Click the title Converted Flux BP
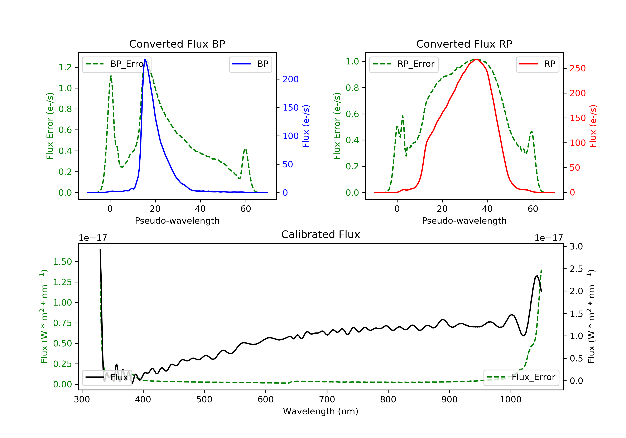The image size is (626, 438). [177, 44]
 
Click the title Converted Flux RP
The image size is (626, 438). [464, 44]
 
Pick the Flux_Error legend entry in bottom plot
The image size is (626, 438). [521, 377]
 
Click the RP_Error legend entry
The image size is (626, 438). [404, 64]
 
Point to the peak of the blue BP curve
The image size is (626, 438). [145, 59]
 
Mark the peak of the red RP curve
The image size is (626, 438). [477, 59]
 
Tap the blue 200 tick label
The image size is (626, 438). [290, 79]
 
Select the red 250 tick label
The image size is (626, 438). [577, 68]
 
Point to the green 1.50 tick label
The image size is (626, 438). [62, 262]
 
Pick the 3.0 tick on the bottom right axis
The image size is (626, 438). [576, 247]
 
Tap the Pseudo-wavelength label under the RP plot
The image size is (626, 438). [464, 220]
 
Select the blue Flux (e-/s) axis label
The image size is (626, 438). [306, 126]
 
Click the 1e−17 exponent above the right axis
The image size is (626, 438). [549, 238]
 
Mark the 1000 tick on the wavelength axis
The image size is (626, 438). [510, 400]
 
